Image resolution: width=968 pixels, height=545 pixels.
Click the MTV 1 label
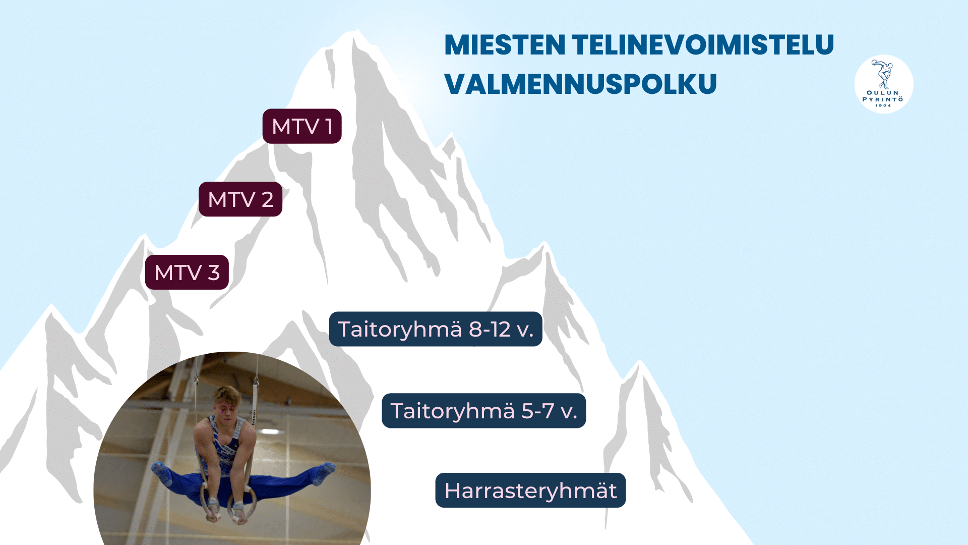tap(302, 126)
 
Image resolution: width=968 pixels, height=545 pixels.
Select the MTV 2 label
tap(240, 199)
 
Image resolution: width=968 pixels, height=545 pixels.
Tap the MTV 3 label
tap(187, 272)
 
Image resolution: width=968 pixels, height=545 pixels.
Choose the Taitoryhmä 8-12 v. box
tap(436, 329)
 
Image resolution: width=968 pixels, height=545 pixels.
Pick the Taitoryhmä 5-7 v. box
tap(484, 411)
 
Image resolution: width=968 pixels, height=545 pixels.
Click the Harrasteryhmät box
tap(530, 490)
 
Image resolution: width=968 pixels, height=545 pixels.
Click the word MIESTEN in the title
tap(505, 45)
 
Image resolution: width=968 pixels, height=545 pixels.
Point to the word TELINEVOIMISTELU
tap(703, 45)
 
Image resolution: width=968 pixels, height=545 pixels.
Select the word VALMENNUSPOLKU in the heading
tap(580, 84)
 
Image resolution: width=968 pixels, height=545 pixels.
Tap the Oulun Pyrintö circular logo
tap(884, 84)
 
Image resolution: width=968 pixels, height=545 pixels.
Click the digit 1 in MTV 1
tap(329, 126)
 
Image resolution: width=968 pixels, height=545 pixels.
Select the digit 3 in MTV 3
tap(214, 272)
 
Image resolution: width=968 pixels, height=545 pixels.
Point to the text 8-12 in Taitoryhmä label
tap(490, 330)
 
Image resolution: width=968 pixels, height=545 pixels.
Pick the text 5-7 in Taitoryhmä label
tap(538, 411)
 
